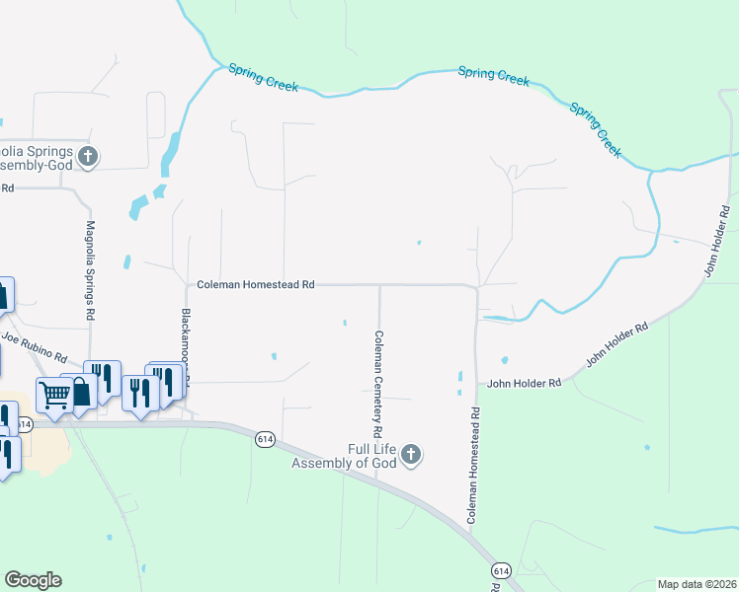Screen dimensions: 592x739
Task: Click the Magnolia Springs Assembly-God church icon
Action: pos(88,156)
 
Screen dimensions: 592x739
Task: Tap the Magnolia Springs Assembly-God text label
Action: pos(36,158)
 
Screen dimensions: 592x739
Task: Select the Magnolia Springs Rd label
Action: pos(90,269)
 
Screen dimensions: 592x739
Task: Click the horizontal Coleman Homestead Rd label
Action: pos(255,284)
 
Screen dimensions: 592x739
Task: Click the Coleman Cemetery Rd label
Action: pos(377,384)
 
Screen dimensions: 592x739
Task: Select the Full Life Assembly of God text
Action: pos(345,456)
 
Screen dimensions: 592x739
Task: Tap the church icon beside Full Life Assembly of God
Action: pos(411,455)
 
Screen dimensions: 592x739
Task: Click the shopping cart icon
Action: pos(53,394)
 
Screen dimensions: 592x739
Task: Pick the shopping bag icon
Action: pos(78,391)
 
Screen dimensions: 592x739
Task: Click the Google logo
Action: pos(33,579)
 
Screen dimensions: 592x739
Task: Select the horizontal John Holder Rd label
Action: pos(524,383)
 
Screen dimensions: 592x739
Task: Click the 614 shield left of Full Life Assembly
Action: pos(265,440)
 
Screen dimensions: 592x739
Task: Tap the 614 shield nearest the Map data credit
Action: pos(501,571)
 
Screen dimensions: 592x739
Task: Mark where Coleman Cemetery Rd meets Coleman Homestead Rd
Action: pos(380,285)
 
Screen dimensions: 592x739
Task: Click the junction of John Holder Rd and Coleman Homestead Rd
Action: pos(476,385)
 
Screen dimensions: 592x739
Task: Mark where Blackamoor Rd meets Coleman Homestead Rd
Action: pos(188,285)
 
